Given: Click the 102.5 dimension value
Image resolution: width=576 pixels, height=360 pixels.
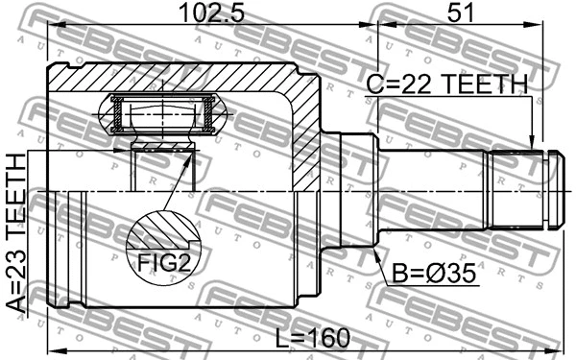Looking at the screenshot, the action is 211,12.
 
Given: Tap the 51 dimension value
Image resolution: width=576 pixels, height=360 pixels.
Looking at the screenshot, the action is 461,12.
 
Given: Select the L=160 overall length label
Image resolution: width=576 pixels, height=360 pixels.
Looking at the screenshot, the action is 313,338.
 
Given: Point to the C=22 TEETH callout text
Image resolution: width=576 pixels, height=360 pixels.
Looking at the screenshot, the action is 447,84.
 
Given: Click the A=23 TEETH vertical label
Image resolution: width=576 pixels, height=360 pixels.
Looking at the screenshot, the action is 16,233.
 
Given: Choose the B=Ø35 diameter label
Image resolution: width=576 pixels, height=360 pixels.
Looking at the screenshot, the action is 434,274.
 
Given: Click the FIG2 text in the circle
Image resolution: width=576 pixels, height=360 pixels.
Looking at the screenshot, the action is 164,263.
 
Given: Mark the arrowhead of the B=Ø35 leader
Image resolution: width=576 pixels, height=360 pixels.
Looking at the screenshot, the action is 376,254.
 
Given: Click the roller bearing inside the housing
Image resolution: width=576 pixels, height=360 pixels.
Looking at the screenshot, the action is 162,114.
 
